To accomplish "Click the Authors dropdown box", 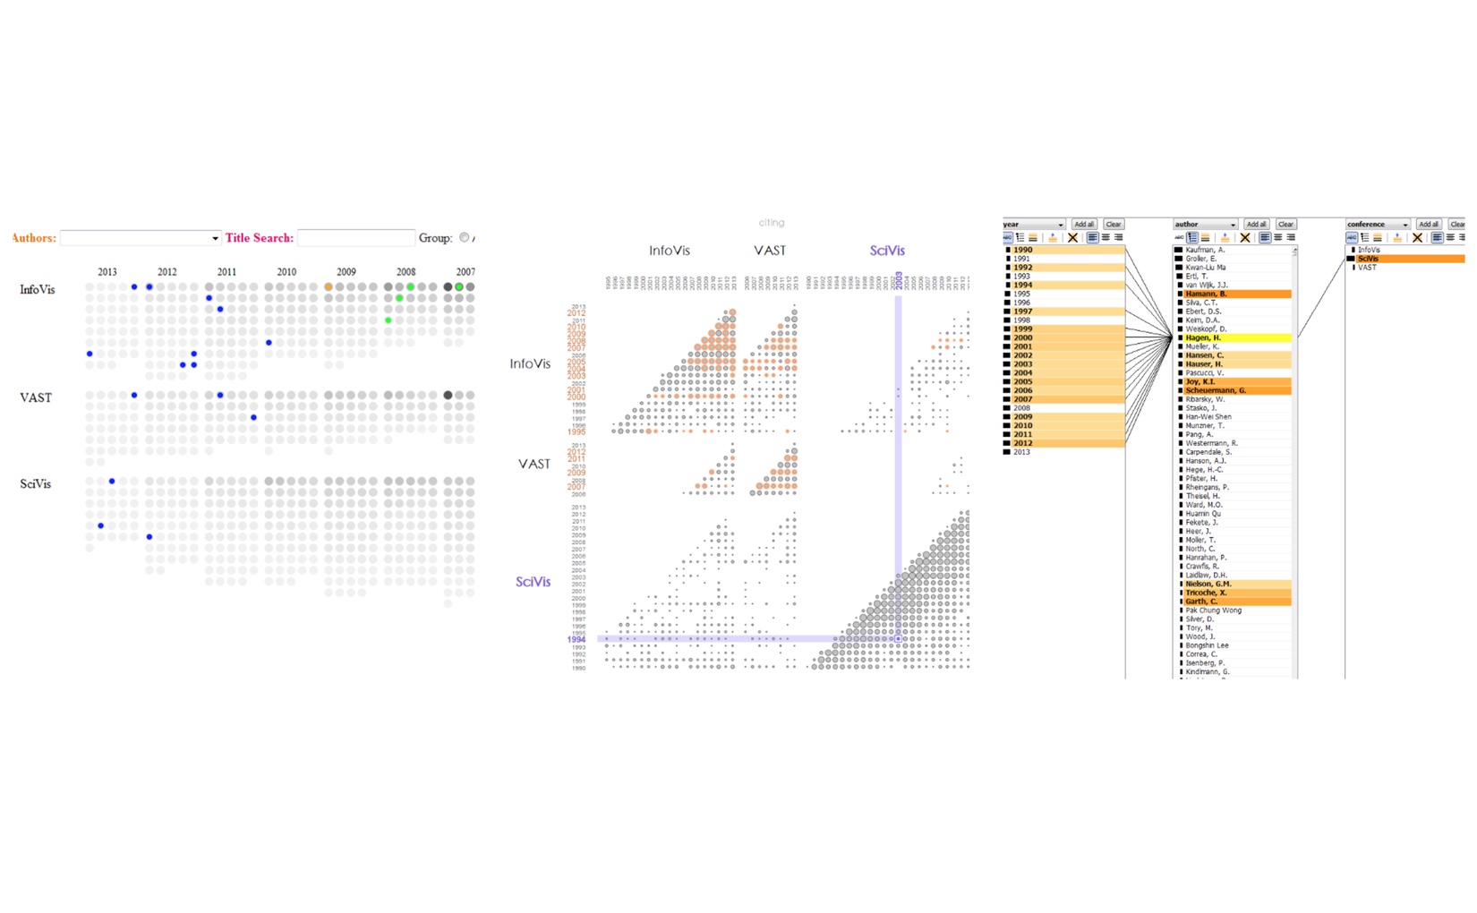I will click(x=140, y=238).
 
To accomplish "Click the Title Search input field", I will click(x=355, y=238).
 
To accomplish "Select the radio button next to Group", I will click(x=464, y=237).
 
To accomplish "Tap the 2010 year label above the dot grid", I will click(x=286, y=272).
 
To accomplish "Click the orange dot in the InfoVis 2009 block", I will click(x=329, y=287).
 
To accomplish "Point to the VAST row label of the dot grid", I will click(x=36, y=398).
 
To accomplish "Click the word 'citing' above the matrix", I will click(x=771, y=223).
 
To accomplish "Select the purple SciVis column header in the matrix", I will click(x=887, y=251).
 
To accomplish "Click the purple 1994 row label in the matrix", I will click(x=576, y=639).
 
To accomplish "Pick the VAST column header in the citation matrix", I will click(x=770, y=251).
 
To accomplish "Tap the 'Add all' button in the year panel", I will click(x=1084, y=225).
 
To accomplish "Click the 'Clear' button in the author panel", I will click(x=1285, y=225).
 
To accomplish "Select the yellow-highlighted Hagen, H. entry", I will click(x=1203, y=338).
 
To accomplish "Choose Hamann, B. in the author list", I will click(x=1206, y=294).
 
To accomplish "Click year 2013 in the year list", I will click(x=1021, y=452).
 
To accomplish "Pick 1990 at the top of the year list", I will click(x=1022, y=251).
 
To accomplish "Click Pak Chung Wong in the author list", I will click(x=1213, y=610).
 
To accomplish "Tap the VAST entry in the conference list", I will click(x=1367, y=268).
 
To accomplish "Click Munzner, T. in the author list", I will click(x=1205, y=426).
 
